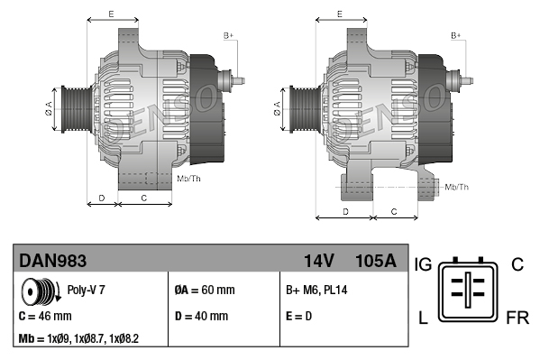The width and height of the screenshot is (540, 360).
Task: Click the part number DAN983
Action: click(52, 261)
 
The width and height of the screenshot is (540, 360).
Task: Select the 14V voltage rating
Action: click(318, 261)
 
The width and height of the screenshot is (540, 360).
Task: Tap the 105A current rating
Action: click(376, 261)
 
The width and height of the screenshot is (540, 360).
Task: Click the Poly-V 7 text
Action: click(86, 290)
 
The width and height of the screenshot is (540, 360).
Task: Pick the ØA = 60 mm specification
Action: click(205, 290)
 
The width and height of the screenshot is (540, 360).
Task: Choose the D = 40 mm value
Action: click(201, 316)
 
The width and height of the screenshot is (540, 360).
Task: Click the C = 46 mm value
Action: click(45, 316)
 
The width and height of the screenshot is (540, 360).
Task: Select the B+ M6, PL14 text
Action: click(316, 290)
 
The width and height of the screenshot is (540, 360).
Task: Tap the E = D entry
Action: click(298, 316)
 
